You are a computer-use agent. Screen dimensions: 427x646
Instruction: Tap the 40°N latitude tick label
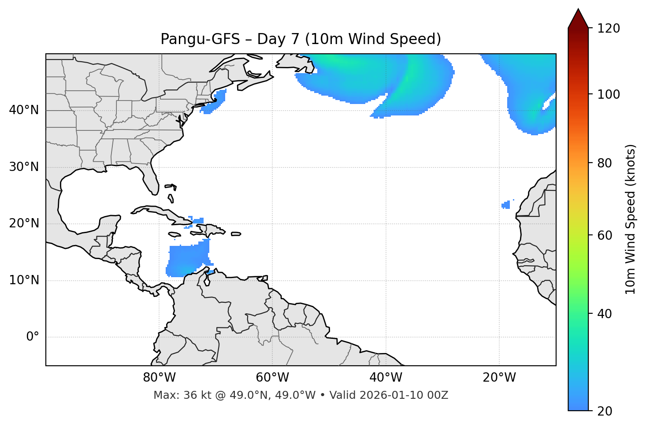click(24, 110)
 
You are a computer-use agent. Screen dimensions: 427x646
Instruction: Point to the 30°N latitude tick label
click(24, 167)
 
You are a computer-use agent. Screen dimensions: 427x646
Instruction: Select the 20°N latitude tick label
click(24, 223)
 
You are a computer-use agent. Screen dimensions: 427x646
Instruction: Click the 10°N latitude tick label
click(24, 280)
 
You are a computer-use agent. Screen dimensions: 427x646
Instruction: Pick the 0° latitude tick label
click(33, 337)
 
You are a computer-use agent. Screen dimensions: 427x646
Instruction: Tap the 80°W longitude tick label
click(159, 378)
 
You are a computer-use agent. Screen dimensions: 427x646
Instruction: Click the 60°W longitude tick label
click(272, 378)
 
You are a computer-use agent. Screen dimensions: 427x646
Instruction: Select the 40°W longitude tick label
click(386, 378)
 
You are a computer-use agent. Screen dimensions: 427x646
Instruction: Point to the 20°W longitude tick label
click(499, 378)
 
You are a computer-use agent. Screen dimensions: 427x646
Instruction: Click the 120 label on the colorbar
click(609, 29)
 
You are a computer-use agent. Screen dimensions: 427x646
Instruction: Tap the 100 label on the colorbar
click(609, 94)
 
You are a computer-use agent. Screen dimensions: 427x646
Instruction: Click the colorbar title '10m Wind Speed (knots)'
click(631, 219)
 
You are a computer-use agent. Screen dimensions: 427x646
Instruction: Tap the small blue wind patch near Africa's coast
click(506, 205)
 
